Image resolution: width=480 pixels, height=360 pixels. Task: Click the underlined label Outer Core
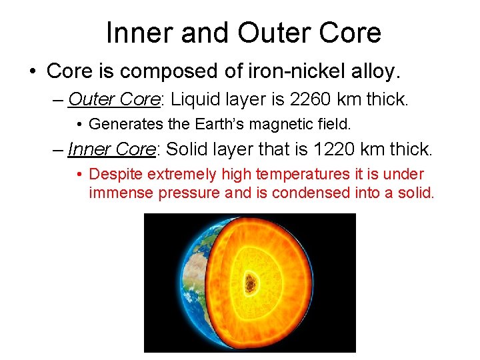114,99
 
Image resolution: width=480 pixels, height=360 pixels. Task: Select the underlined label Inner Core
111,149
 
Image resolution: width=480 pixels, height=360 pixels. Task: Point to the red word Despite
115,175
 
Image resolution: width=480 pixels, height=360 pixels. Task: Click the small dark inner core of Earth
251,283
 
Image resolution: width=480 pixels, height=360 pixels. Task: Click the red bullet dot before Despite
79,175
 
